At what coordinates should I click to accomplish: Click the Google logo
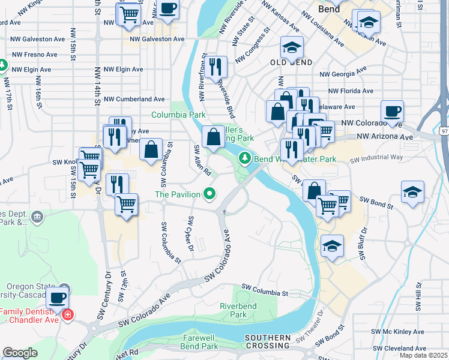tap(20, 353)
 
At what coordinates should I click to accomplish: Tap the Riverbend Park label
tap(234, 310)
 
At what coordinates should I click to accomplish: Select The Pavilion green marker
tap(209, 194)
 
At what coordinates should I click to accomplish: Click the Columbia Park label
tap(178, 115)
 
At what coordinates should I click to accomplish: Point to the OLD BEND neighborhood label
tap(291, 63)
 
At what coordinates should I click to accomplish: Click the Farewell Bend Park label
tap(200, 342)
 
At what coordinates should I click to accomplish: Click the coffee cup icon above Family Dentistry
tap(57, 298)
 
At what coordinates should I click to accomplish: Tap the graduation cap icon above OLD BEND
tap(292, 47)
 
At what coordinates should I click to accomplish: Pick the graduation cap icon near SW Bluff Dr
tap(332, 246)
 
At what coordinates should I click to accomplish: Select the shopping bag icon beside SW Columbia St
tap(151, 149)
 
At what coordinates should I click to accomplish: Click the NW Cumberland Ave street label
tap(134, 99)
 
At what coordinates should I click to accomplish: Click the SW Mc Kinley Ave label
tap(399, 331)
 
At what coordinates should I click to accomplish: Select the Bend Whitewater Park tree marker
tap(244, 158)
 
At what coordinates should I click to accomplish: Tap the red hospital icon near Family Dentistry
tap(68, 314)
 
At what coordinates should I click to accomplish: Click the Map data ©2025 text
tap(423, 355)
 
